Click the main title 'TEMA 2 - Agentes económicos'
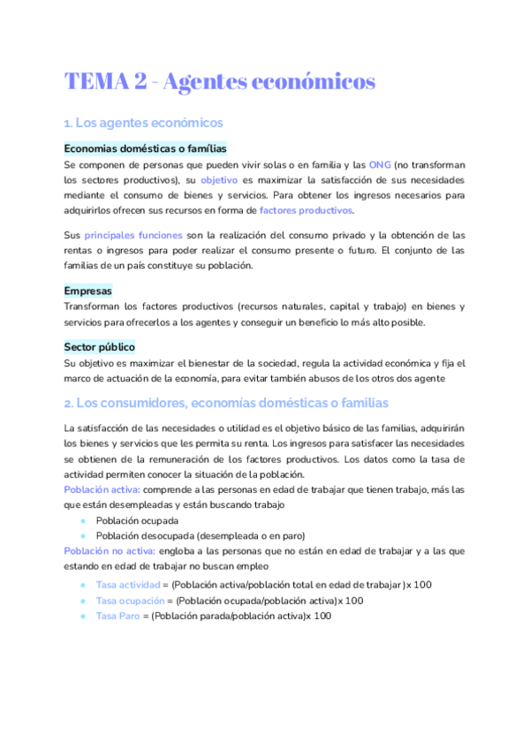tap(220, 82)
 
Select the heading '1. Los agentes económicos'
tap(143, 123)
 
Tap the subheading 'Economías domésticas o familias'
tap(145, 149)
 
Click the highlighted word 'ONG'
tap(380, 165)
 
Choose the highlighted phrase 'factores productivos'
tap(306, 210)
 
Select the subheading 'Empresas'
tap(87, 291)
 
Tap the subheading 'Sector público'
tap(99, 347)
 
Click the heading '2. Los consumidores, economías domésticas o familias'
tap(225, 403)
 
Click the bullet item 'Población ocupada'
tap(136, 520)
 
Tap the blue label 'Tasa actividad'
tap(127, 585)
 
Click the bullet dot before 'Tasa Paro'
tap(82, 616)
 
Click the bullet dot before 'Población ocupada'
tap(82, 520)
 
